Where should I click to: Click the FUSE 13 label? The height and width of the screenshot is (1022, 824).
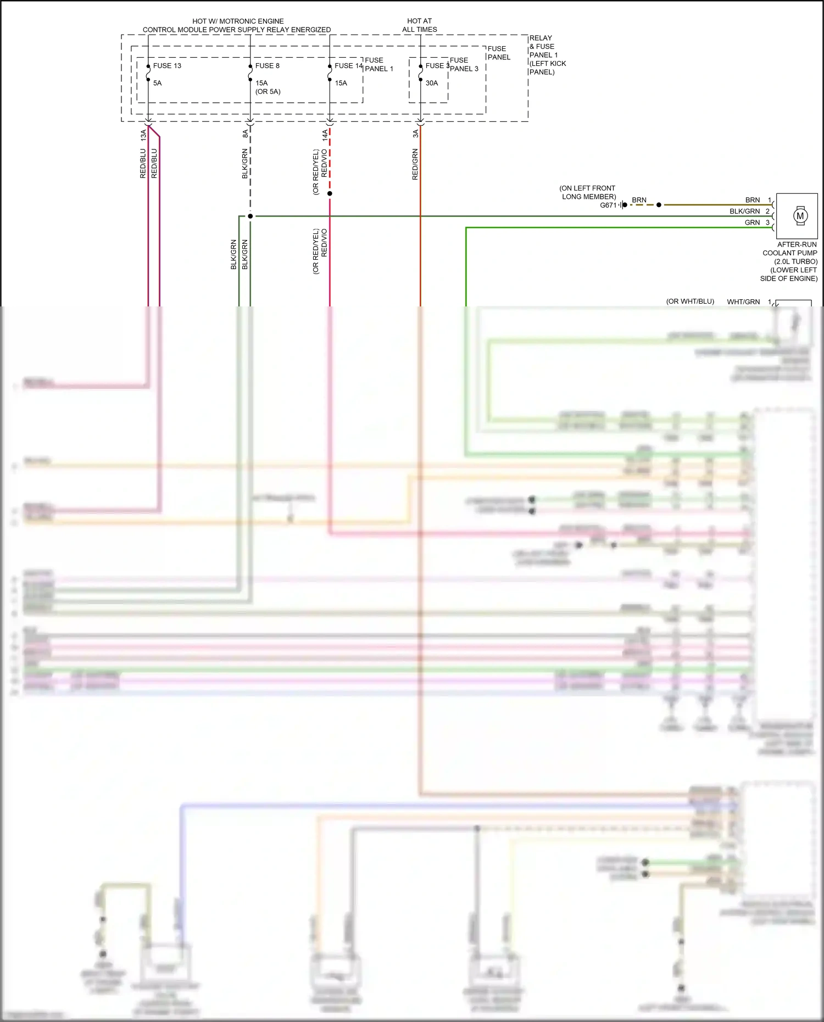point(167,66)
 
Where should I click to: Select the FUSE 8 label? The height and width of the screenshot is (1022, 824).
point(268,66)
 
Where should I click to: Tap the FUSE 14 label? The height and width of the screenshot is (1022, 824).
point(349,66)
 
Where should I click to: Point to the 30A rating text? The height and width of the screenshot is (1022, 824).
point(432,83)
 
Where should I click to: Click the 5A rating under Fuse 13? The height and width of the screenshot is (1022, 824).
point(158,83)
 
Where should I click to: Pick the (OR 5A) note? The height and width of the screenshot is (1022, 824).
point(268,92)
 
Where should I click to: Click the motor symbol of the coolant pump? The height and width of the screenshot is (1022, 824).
point(800,216)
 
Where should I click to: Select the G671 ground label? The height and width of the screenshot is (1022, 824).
point(608,205)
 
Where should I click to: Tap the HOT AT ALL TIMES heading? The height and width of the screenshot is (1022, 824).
point(420,25)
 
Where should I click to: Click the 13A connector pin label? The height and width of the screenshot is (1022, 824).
point(143,135)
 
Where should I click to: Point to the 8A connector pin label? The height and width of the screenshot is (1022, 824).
point(246,133)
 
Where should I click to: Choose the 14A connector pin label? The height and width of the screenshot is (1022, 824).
point(325,135)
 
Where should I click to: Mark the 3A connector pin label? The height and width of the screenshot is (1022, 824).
point(416,133)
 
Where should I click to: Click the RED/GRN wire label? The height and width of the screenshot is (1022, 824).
point(415,164)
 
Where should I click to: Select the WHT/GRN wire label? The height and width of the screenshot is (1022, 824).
point(743,302)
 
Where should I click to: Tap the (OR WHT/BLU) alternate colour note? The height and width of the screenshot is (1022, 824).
point(690,301)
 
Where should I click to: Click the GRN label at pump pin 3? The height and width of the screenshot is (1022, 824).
point(752,223)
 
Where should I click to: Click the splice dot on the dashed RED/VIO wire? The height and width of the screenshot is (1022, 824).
point(330,194)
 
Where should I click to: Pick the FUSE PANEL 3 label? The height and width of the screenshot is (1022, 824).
point(464,65)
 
